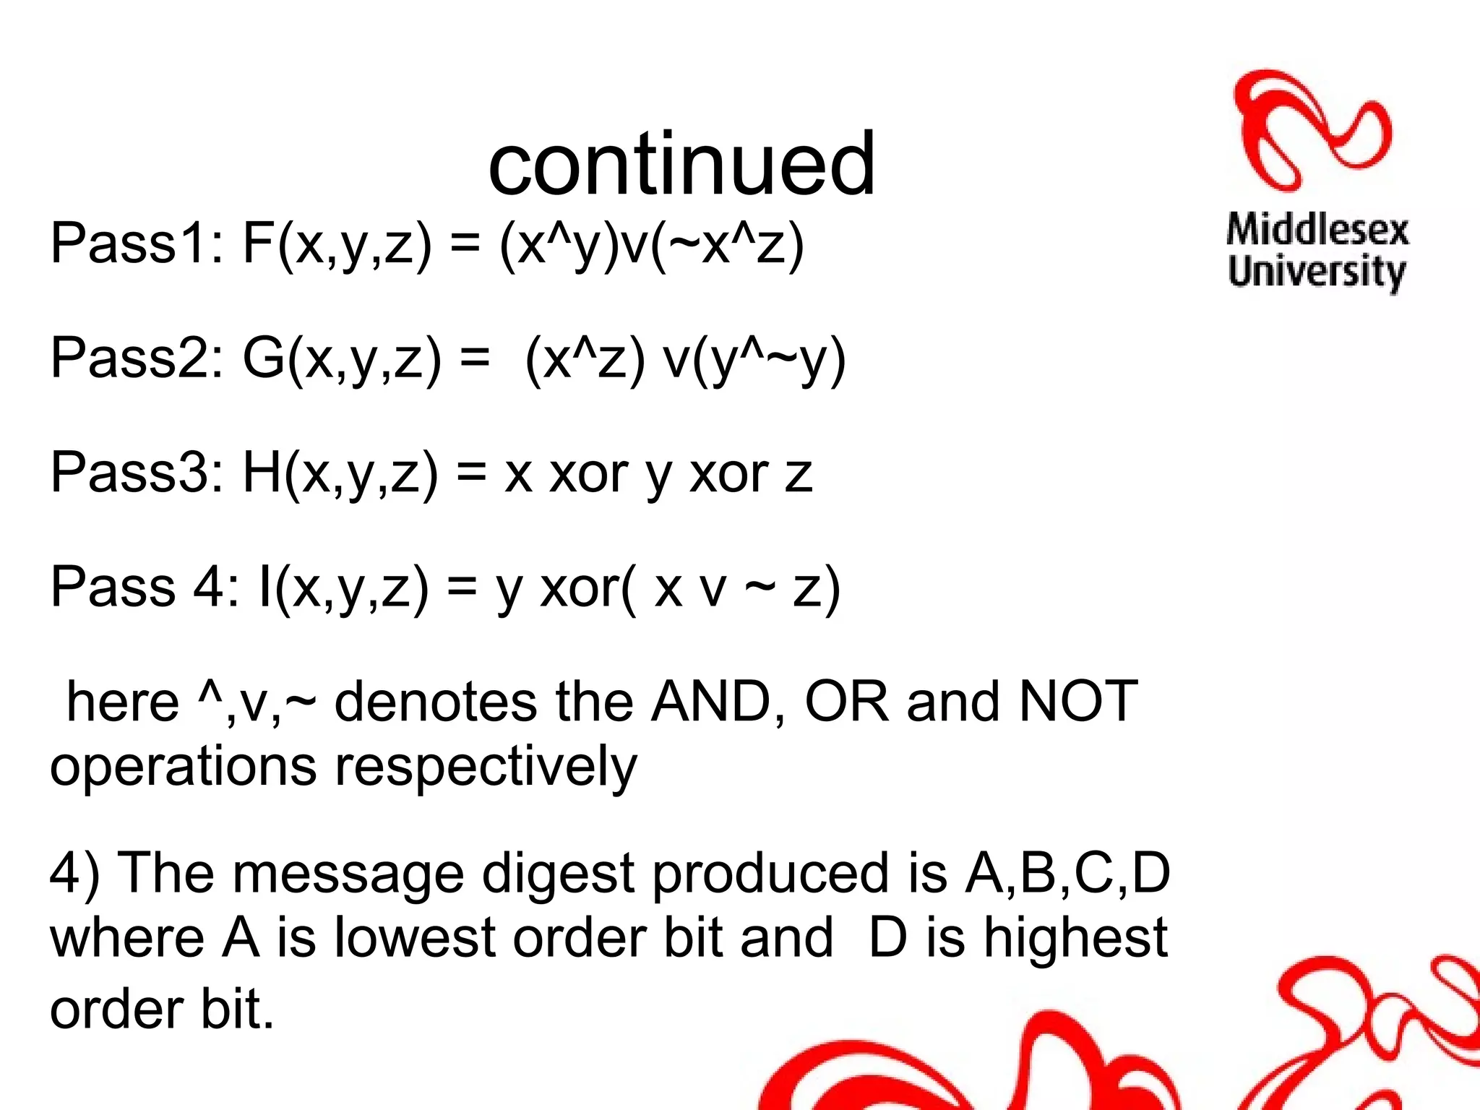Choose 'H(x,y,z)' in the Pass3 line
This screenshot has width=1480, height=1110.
pos(340,474)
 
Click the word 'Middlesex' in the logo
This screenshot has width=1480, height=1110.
pos(1317,231)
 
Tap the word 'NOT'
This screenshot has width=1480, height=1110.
pos(1077,702)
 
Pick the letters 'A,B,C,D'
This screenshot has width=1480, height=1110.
pos(1067,873)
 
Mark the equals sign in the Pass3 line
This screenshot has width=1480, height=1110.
pos(471,474)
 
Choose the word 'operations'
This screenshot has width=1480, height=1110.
pos(183,768)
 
